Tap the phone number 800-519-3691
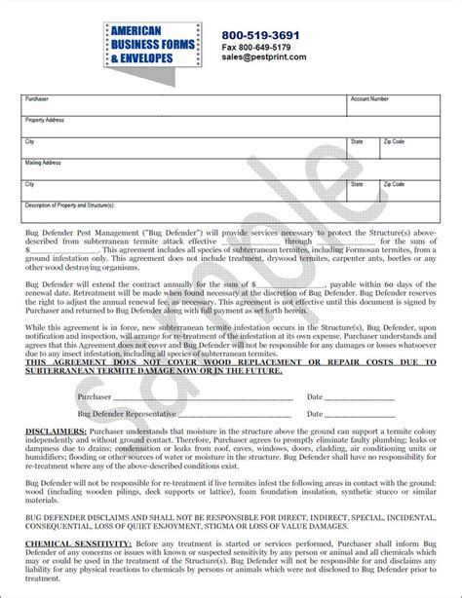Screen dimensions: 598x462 click(261, 35)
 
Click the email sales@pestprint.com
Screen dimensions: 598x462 click(264, 57)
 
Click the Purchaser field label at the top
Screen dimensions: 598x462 click(36, 99)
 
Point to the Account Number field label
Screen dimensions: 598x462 click(369, 99)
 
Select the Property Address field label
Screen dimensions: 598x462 click(45, 120)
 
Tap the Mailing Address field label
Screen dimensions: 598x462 click(43, 163)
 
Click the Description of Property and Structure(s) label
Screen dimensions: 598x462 click(70, 206)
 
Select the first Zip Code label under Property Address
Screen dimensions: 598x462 click(393, 142)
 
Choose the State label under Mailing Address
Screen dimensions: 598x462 click(357, 184)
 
